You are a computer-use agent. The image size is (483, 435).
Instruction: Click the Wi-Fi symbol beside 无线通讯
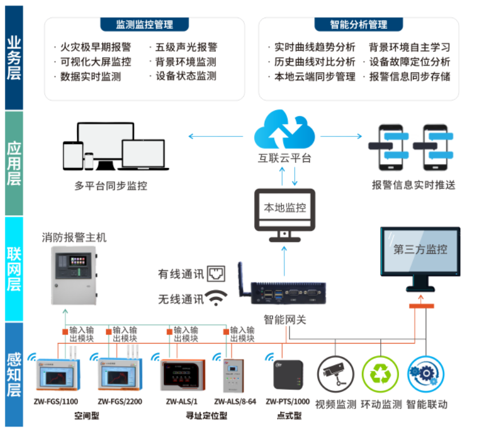coord(216,297)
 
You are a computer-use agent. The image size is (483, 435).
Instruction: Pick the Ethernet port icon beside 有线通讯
coord(216,274)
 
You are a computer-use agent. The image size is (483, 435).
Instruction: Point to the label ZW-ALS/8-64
coord(235,401)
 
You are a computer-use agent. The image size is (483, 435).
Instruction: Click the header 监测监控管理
coord(144,24)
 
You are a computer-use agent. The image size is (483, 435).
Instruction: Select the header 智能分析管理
coord(359,24)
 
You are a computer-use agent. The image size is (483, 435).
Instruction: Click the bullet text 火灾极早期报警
coord(95,47)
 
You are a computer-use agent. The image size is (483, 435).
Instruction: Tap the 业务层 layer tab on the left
coord(14,57)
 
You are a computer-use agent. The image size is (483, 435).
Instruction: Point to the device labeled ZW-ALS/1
coord(181,375)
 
